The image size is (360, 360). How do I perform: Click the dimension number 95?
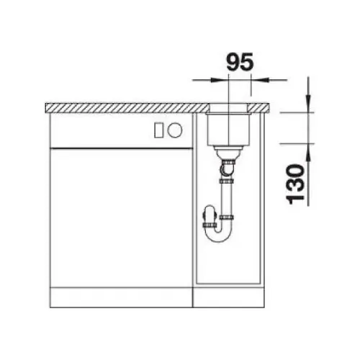click(240, 62)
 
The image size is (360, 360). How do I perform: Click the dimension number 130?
click(295, 184)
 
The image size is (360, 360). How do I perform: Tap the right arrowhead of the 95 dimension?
click(261, 80)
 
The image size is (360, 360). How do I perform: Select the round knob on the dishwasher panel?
click(175, 130)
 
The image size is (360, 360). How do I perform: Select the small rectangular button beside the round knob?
click(159, 130)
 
